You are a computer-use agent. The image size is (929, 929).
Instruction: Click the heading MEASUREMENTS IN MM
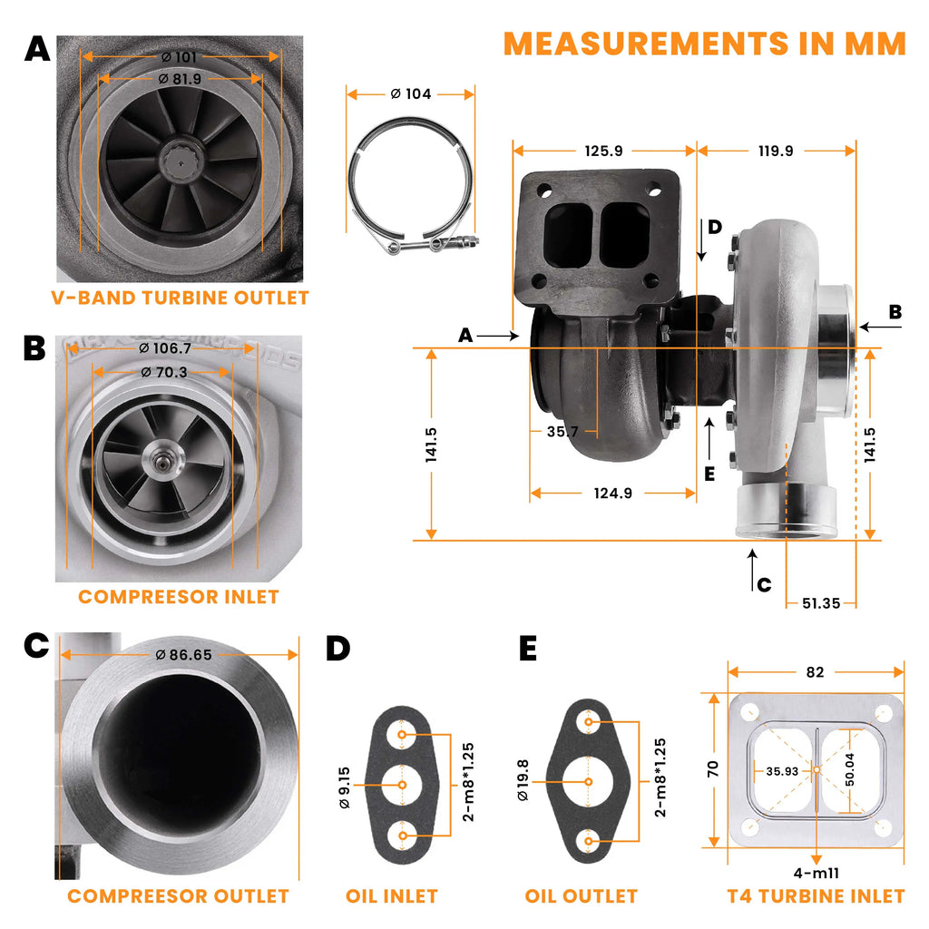pyautogui.click(x=704, y=43)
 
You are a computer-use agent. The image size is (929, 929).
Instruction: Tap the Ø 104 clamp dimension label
pyautogui.click(x=410, y=93)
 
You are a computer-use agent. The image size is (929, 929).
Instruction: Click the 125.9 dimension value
pyautogui.click(x=603, y=151)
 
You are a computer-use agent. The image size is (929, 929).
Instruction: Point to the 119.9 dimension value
pyautogui.click(x=775, y=151)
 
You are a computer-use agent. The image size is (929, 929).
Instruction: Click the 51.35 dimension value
pyautogui.click(x=820, y=602)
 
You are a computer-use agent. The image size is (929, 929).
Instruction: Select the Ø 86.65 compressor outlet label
pyautogui.click(x=183, y=654)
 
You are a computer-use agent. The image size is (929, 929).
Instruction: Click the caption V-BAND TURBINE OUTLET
pyautogui.click(x=180, y=298)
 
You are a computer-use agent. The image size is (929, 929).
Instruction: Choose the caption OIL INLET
pyautogui.click(x=392, y=896)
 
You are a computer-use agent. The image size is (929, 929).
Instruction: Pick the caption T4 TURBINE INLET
pyautogui.click(x=816, y=896)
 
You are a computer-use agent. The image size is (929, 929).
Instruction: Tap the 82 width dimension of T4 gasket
pyautogui.click(x=815, y=672)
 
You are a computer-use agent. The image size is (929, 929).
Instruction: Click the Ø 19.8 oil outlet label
pyautogui.click(x=523, y=780)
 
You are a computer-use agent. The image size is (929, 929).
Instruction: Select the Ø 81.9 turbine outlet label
pyautogui.click(x=180, y=79)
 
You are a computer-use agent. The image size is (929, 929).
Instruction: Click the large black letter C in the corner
pyautogui.click(x=36, y=645)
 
